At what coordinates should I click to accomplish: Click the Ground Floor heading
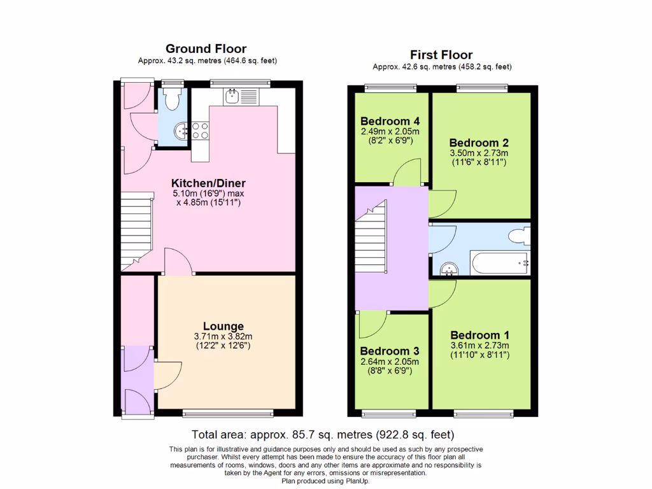coord(206,49)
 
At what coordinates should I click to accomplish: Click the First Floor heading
coord(441,55)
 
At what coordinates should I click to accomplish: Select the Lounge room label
coord(219,327)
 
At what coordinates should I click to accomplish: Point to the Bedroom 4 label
coord(390,121)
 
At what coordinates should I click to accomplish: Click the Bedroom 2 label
coord(479,143)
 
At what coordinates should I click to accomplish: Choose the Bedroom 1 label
coord(479,335)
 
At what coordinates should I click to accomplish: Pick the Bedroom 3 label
coord(390,351)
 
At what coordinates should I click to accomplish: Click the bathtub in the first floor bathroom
coord(499,262)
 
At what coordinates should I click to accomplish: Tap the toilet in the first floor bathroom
coord(519,237)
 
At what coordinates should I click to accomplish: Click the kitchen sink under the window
coord(231,97)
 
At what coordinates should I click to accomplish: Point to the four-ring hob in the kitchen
coord(199,130)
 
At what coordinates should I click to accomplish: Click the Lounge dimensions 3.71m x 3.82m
coord(219,337)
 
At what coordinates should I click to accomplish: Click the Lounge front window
coord(228,414)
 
